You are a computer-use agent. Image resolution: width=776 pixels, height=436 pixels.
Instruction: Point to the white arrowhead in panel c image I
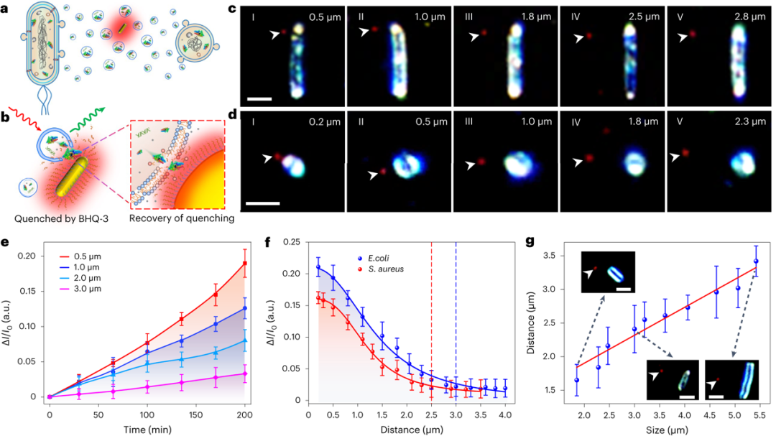point(275,33)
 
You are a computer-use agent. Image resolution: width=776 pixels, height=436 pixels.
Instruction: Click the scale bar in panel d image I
point(262,203)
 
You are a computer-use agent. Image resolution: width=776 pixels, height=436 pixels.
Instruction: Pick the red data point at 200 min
point(245,264)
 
